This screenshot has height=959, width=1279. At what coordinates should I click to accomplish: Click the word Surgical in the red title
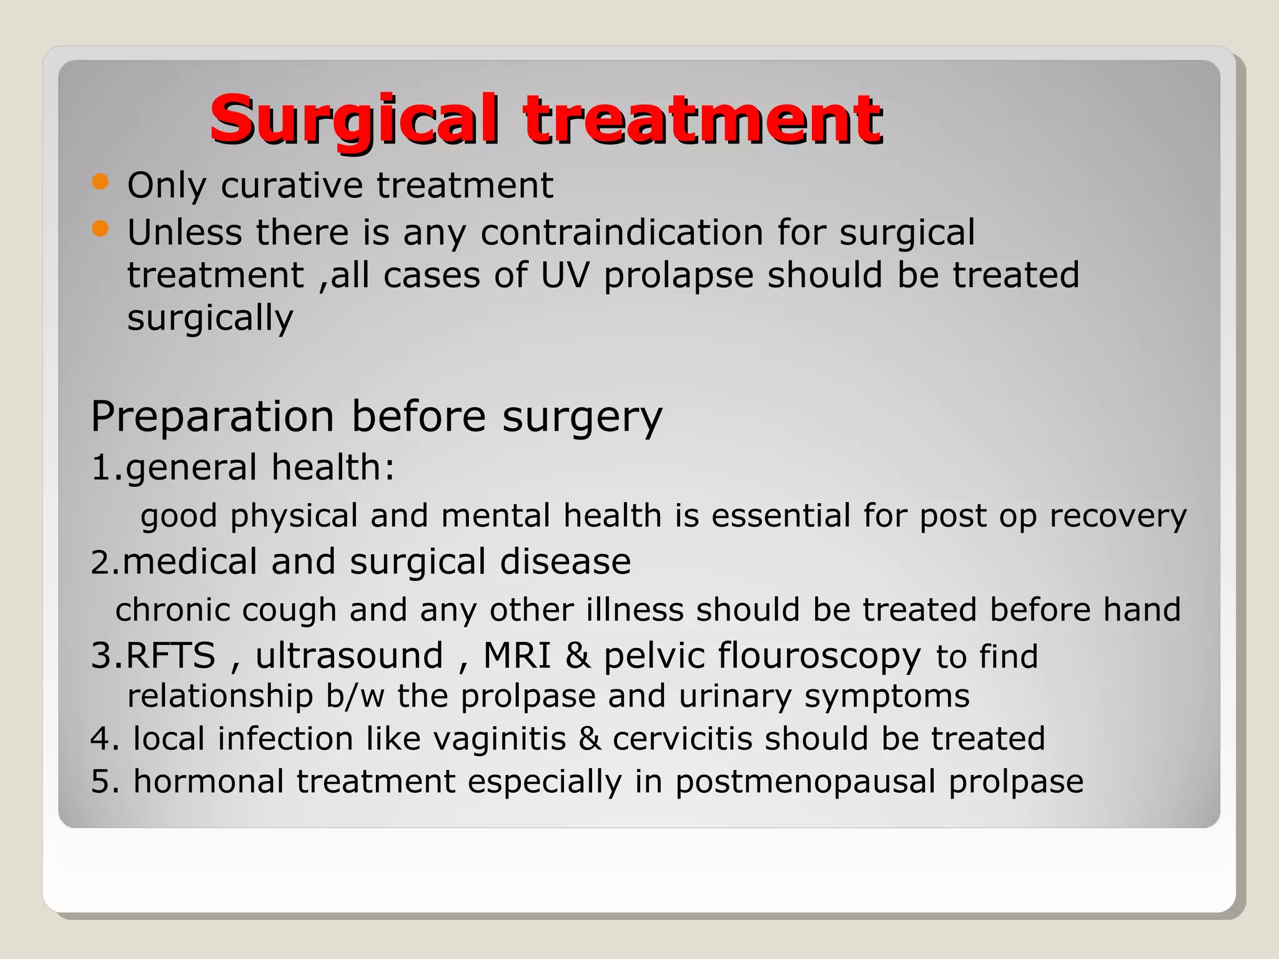pos(354,119)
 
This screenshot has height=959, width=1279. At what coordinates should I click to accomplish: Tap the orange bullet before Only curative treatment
pos(100,182)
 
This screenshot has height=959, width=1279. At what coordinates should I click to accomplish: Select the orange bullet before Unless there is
pos(100,229)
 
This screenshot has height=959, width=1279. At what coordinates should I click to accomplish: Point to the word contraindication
pos(622,233)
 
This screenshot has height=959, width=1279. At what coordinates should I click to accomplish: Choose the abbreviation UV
pos(565,275)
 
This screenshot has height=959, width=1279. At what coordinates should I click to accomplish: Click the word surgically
pos(210,318)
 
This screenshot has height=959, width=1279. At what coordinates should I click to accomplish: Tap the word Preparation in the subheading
pos(212,416)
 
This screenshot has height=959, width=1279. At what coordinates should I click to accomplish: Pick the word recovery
pos(1117,516)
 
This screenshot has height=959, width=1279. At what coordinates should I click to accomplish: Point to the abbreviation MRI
pos(517,656)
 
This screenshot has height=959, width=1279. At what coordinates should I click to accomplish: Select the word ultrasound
pos(349,656)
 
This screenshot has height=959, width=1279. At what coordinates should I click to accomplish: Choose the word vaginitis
pos(499,739)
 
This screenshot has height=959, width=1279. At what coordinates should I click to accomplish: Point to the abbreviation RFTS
pos(170,656)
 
